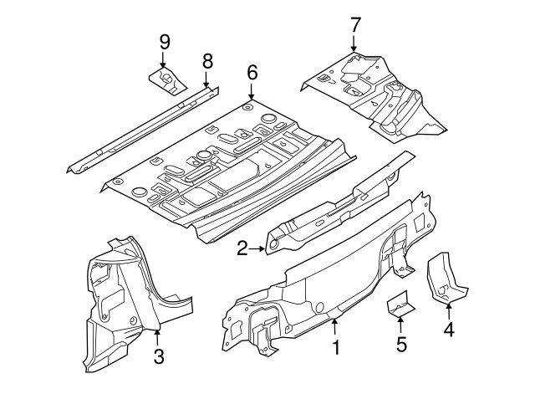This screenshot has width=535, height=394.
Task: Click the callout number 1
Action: coord(336,346)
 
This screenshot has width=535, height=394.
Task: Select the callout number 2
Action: coord(242,248)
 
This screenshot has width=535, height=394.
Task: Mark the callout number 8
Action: coord(207,59)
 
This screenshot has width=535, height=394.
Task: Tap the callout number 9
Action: coord(164,40)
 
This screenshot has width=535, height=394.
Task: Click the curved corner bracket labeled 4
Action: coord(444,280)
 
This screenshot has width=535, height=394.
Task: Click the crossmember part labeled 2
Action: coord(334,209)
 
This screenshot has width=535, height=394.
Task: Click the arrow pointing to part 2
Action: coord(258,248)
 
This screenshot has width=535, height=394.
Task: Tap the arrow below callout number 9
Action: coord(164,59)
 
